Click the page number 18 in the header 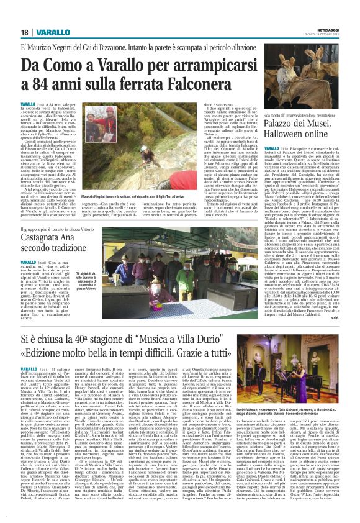tap(24, 32)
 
